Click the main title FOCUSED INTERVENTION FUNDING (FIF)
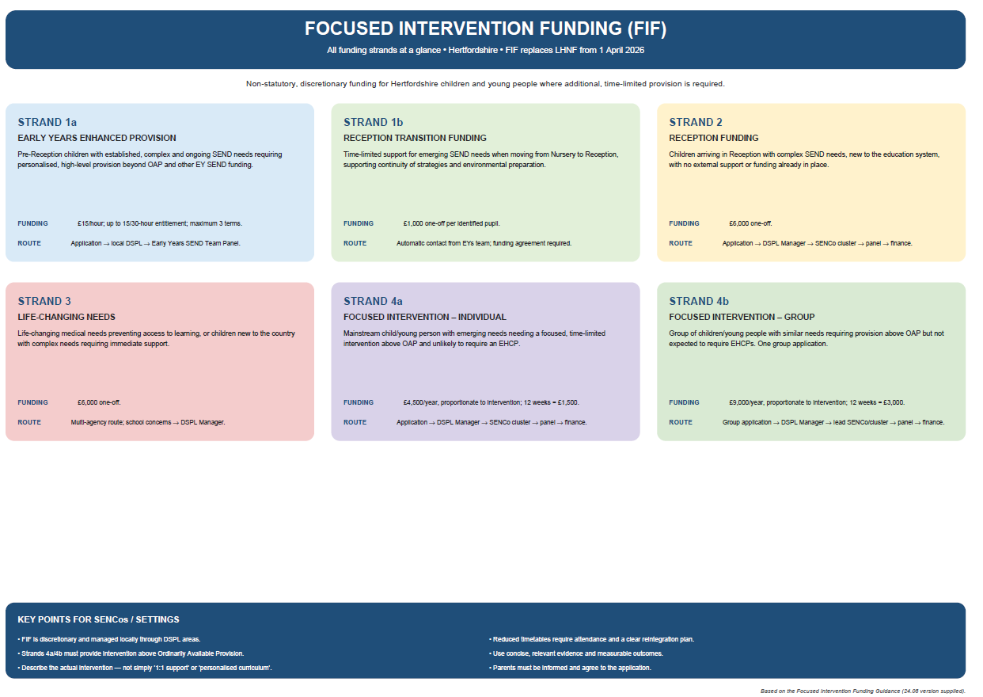point(485,29)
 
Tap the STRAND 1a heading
point(47,122)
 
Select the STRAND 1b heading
point(373,122)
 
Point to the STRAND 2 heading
point(696,122)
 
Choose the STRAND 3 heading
point(44,301)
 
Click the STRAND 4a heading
point(373,301)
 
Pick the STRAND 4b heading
point(699,301)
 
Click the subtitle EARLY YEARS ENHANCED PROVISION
point(97,138)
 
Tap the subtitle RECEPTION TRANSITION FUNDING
point(415,138)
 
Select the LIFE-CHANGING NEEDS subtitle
point(66,317)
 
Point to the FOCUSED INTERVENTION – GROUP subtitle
point(742,317)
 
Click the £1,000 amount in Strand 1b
point(413,223)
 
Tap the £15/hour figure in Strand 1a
point(89,223)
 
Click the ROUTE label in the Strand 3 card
point(29,422)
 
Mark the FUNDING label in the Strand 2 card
point(684,223)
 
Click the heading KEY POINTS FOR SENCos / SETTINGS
point(98,619)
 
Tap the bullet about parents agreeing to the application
point(570,668)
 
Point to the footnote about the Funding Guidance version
point(863,691)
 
